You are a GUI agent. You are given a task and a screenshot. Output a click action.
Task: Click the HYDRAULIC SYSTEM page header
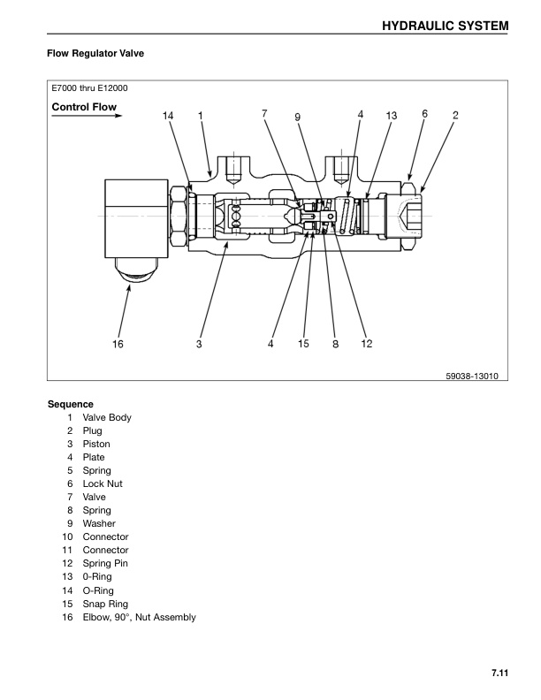[x=445, y=26]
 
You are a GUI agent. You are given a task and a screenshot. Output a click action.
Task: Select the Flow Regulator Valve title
[x=95, y=54]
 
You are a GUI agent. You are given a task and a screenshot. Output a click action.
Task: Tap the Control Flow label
[x=84, y=108]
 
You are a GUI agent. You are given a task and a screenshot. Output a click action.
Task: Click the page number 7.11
[x=498, y=674]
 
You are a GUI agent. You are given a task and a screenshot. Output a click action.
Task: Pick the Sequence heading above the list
[x=71, y=404]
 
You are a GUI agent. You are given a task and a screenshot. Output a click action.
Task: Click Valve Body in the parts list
[x=107, y=417]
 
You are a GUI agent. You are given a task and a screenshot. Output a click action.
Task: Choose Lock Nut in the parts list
[x=103, y=483]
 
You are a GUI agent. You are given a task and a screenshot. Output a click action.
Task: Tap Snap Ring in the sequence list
[x=104, y=604]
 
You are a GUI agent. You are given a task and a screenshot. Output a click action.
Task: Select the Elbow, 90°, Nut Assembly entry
[x=139, y=617]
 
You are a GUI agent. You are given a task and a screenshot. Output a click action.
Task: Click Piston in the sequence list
[x=96, y=444]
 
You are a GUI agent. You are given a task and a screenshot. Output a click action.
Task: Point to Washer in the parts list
[x=99, y=523]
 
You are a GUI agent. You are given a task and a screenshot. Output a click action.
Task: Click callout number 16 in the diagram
[x=117, y=345]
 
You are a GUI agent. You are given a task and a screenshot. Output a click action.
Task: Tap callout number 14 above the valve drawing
[x=168, y=116]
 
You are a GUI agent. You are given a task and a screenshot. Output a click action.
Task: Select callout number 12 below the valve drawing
[x=367, y=345]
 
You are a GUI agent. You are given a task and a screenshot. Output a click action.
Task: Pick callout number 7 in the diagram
[x=264, y=113]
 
